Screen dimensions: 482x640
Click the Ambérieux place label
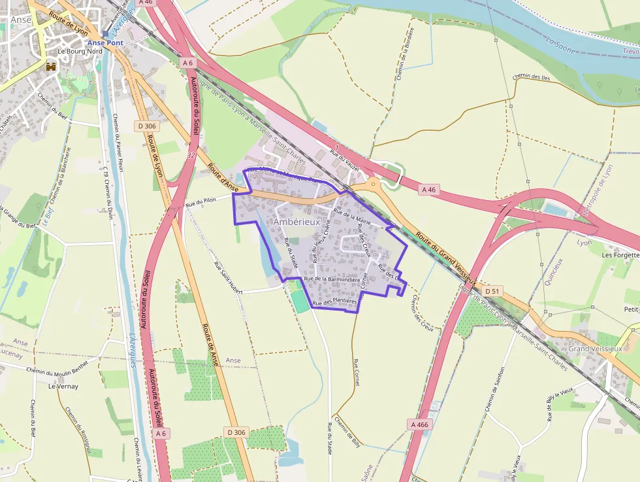[x=296, y=222]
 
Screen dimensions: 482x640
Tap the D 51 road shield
[x=492, y=290]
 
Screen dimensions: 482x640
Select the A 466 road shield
[x=420, y=424]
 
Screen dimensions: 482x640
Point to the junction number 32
[x=191, y=155]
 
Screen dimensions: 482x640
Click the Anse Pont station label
[x=106, y=43]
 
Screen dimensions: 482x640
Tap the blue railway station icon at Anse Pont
[x=105, y=33]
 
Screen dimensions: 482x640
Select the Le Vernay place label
[x=63, y=386]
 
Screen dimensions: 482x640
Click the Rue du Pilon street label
[x=200, y=202]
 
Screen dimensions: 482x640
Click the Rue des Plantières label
[x=335, y=302]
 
